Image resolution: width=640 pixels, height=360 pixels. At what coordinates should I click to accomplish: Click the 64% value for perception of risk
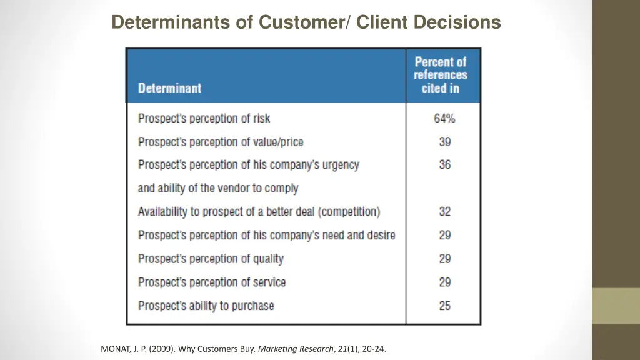444,118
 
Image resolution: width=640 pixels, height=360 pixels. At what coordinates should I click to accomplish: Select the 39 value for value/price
444,142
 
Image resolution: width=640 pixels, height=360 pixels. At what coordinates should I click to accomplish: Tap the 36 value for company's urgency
444,165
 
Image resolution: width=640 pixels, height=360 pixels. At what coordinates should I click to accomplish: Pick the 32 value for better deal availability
444,212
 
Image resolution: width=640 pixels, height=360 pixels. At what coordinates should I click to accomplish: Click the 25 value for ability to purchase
444,306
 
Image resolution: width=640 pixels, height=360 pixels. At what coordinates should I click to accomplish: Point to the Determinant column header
169,88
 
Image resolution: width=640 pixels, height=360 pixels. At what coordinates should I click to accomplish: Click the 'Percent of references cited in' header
441,75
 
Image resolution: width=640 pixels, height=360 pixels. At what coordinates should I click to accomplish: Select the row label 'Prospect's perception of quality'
211,259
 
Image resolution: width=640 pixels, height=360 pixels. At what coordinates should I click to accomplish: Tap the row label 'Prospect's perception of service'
212,282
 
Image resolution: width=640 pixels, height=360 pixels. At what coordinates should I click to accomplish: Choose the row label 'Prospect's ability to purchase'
206,306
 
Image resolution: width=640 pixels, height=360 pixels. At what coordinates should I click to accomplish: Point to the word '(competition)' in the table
349,212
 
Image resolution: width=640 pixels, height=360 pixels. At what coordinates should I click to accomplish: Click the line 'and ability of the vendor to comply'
218,188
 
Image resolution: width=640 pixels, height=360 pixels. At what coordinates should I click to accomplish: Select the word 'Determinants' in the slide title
163,22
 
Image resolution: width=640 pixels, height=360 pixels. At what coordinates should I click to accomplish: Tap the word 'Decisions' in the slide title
461,22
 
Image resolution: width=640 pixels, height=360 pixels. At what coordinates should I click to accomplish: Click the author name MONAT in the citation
115,349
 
